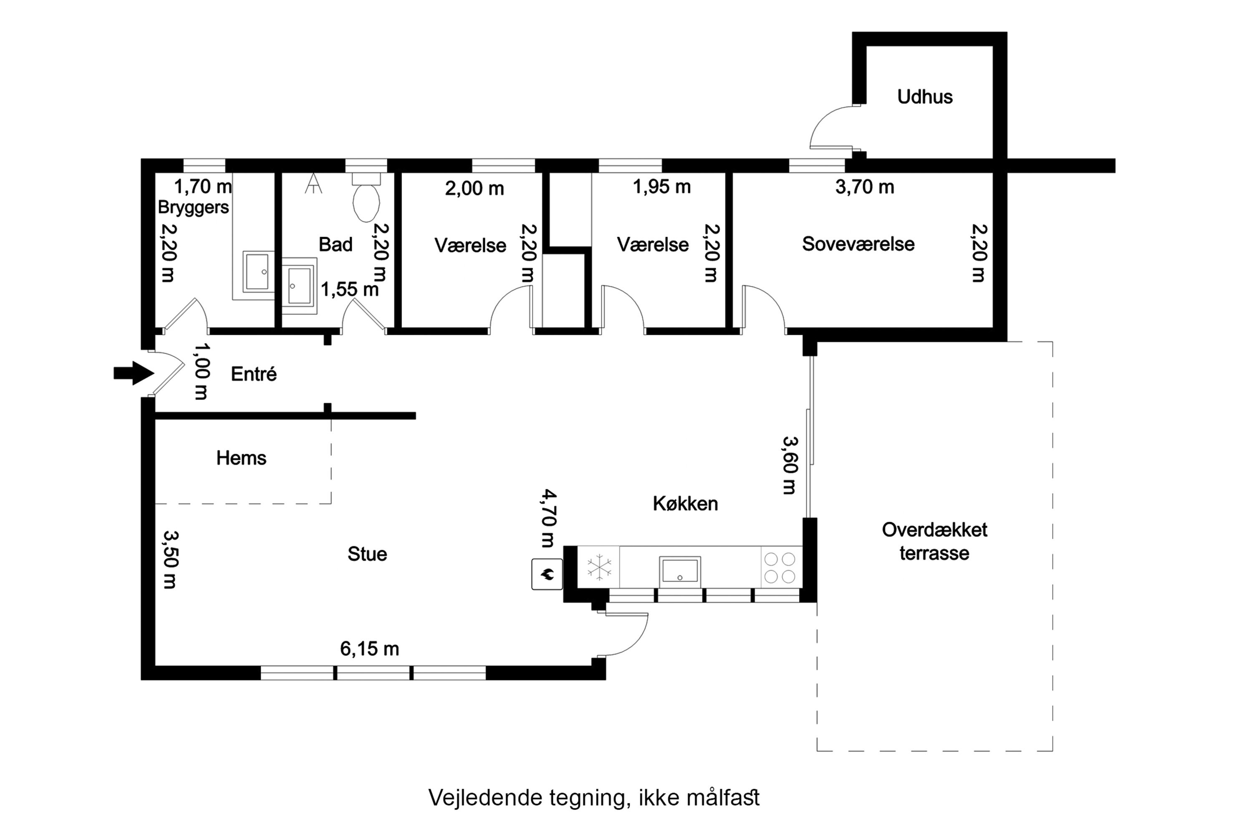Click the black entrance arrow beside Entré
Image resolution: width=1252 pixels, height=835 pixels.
(134, 373)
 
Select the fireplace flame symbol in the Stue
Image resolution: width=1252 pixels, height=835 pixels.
(547, 574)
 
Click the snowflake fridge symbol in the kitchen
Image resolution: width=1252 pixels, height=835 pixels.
(599, 567)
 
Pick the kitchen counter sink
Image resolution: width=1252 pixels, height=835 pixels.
(679, 572)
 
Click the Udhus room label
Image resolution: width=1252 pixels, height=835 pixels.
(925, 97)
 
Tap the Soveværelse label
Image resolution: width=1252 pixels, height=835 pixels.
(858, 244)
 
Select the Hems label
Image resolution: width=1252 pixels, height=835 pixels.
(241, 458)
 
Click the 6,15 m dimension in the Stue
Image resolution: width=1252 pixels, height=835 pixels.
(369, 649)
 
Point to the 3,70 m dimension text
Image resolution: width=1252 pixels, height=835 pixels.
(864, 187)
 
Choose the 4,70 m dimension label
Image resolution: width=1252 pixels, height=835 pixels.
(548, 518)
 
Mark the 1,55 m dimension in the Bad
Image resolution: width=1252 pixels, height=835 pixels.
(349, 289)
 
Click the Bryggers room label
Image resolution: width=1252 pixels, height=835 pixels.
(193, 207)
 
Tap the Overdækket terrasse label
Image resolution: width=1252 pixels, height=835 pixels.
(934, 541)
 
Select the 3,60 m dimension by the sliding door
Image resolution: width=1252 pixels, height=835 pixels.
(790, 465)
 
